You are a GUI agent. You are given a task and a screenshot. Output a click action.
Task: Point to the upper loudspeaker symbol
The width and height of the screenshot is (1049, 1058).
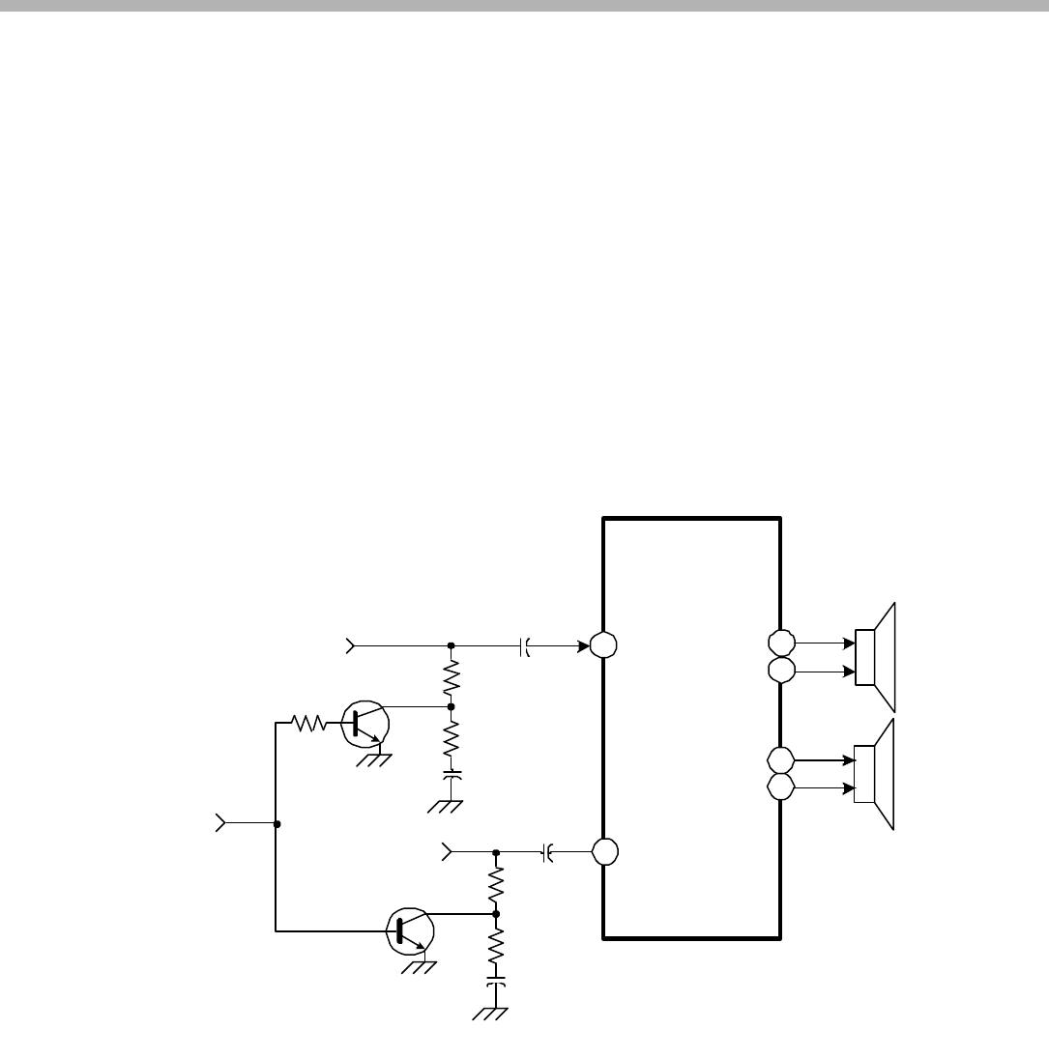click(875, 656)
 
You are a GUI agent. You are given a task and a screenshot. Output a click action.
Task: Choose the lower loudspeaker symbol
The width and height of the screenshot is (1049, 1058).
click(875, 774)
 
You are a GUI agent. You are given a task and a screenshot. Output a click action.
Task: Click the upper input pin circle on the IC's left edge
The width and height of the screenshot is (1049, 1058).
click(604, 645)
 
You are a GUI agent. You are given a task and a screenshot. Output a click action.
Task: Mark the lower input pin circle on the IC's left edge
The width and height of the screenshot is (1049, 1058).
click(604, 852)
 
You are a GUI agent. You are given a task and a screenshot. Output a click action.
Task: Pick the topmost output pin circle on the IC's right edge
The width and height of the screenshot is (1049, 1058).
click(781, 642)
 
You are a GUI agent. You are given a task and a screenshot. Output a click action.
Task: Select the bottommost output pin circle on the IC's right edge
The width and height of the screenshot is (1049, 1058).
click(781, 787)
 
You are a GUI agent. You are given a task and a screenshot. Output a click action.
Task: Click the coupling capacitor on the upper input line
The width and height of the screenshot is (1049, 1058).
click(524, 645)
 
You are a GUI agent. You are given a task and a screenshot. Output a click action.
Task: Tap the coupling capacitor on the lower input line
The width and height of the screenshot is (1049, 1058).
click(546, 852)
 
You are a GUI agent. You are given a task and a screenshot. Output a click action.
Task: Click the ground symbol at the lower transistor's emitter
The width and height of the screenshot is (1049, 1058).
click(419, 967)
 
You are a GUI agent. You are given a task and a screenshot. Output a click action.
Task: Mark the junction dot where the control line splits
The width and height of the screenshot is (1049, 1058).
click(277, 824)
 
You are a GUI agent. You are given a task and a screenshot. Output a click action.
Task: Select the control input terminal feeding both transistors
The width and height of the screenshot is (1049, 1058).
click(220, 824)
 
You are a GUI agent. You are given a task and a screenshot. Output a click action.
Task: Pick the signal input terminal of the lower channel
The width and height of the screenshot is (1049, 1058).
click(447, 852)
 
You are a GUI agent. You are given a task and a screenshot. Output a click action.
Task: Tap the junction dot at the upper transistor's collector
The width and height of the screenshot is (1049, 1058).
click(451, 706)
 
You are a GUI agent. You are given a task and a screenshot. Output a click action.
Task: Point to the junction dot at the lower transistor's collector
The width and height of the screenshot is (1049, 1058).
click(496, 913)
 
